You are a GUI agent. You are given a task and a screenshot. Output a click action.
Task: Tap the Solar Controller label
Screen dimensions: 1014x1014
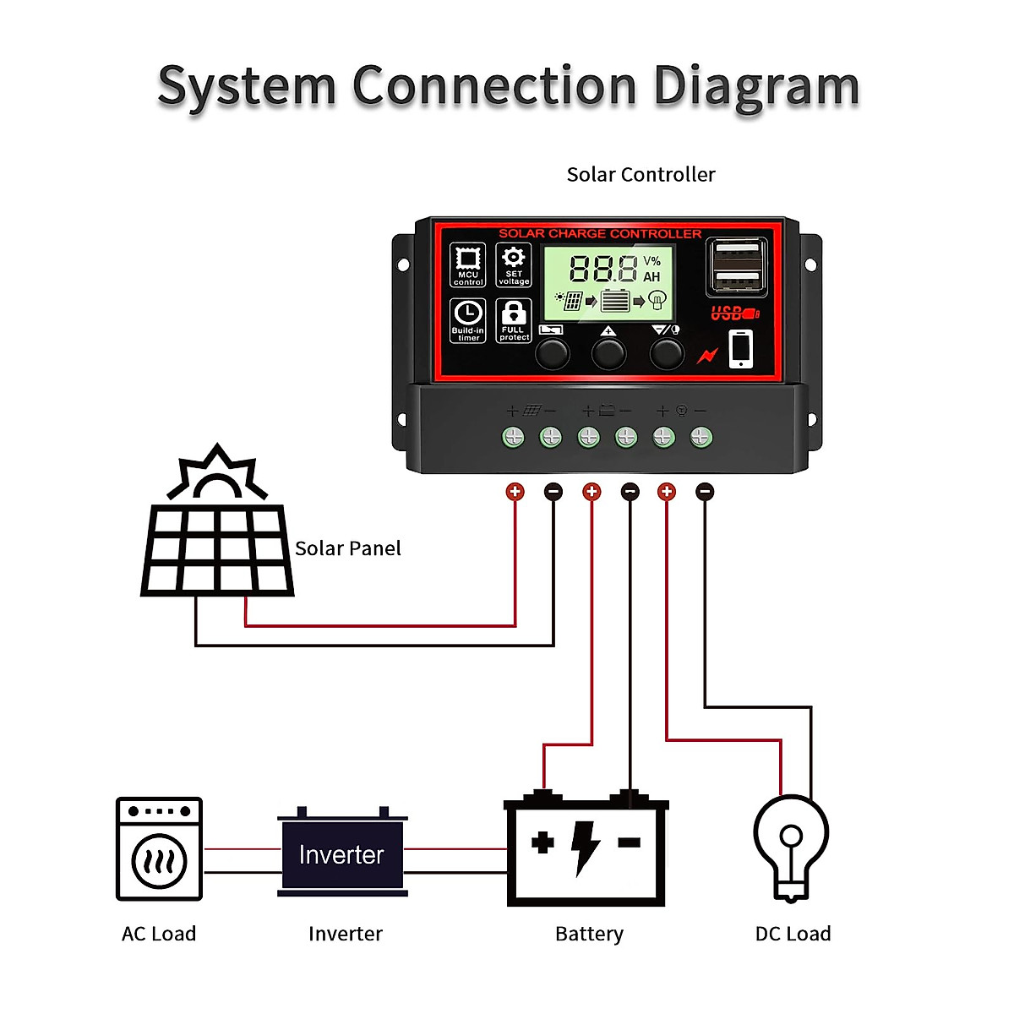641,175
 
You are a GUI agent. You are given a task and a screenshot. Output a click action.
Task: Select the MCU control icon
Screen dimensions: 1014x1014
467,264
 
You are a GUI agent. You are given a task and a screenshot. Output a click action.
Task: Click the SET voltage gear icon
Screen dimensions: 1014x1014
514,264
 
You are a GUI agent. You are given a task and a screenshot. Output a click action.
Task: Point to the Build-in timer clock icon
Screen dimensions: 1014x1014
467,320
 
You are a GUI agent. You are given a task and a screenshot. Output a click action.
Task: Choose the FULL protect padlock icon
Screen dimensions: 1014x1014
514,320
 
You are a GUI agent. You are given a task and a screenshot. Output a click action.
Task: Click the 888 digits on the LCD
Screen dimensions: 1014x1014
603,270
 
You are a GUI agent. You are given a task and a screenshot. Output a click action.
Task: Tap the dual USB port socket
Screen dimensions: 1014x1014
737,265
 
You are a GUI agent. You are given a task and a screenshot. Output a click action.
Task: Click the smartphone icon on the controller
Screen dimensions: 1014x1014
740,348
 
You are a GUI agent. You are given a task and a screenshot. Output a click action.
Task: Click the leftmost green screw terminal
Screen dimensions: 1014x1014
513,437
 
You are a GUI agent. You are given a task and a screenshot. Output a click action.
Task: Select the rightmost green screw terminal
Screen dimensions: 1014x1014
701,437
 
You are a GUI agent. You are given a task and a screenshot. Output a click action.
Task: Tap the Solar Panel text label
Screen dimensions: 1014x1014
347,548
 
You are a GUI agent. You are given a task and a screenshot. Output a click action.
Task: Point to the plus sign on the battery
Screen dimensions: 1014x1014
542,842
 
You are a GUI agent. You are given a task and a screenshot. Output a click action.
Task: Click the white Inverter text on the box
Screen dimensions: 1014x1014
341,855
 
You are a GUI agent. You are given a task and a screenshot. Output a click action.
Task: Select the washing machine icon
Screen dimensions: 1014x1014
159,848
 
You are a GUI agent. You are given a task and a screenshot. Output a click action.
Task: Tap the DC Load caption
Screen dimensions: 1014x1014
793,934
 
